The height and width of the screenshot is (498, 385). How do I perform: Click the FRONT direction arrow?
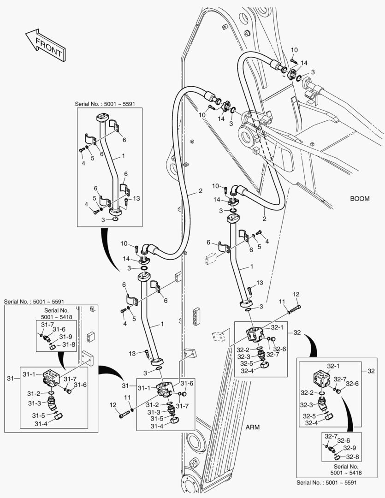click(x=45, y=44)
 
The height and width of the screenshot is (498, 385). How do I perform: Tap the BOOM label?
click(x=360, y=199)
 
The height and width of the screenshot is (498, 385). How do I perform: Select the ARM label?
click(x=252, y=427)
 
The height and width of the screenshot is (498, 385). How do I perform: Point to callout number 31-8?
click(x=68, y=344)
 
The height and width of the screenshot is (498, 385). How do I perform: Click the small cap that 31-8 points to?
click(x=53, y=347)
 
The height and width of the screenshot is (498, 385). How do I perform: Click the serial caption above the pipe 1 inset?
click(x=103, y=104)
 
